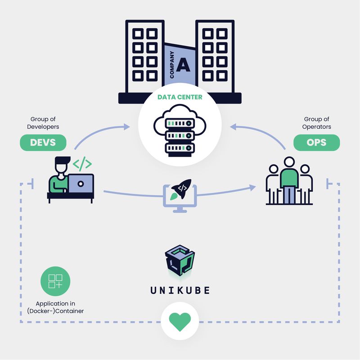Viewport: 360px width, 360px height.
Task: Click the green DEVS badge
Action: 43,143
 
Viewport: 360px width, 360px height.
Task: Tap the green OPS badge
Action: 316,143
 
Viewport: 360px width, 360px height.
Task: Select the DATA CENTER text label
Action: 180,97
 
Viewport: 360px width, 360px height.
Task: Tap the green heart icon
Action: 180,321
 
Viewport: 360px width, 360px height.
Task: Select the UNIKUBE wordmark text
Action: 180,290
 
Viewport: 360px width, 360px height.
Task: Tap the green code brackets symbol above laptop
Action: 82,165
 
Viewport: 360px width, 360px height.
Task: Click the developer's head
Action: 62,166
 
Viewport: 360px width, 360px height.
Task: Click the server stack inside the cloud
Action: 180,135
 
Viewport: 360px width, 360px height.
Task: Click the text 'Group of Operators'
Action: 316,123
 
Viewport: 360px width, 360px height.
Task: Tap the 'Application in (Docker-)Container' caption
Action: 55,307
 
